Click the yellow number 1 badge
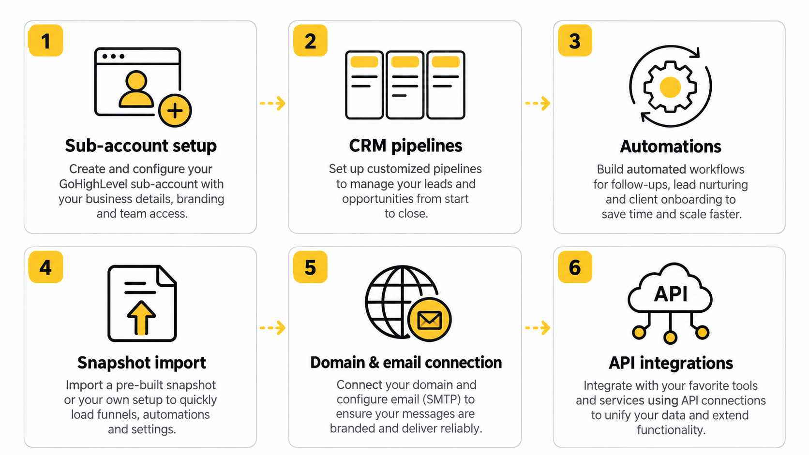(46, 41)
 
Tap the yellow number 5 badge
(310, 267)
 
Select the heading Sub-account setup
(141, 146)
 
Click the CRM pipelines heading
(405, 146)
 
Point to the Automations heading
(671, 147)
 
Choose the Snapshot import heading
(142, 363)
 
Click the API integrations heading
(671, 363)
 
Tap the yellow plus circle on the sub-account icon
(175, 110)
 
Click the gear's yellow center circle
(670, 87)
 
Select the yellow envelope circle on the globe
(430, 320)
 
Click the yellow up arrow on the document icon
(141, 318)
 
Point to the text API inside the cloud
(671, 294)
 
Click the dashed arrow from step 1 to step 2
(273, 103)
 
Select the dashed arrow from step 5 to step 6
(538, 328)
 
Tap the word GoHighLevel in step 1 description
(93, 184)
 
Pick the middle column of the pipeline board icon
(405, 85)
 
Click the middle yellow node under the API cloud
(670, 338)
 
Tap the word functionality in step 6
(671, 430)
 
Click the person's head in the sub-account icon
(136, 81)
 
